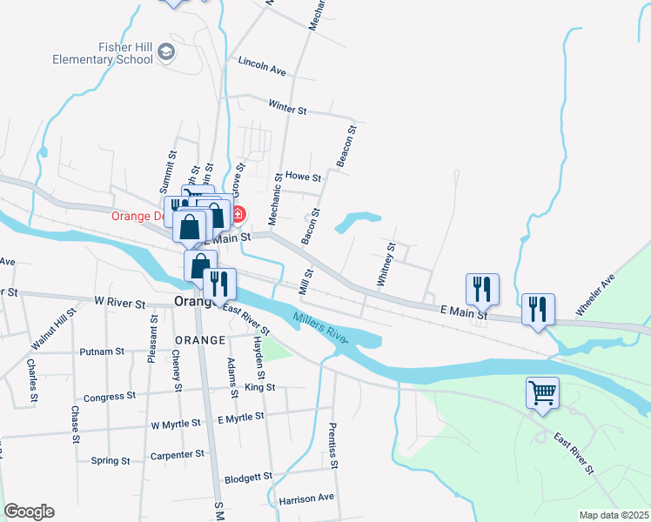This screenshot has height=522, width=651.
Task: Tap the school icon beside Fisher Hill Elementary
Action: coord(166,53)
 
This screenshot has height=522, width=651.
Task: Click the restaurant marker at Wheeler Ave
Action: coord(537,308)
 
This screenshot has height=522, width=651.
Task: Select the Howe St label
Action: coord(303,176)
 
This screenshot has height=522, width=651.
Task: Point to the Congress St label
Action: coord(110,397)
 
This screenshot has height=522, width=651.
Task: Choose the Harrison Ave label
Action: coord(306,499)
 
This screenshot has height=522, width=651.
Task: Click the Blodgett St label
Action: coord(248,478)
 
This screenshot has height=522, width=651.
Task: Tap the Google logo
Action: coord(29,512)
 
